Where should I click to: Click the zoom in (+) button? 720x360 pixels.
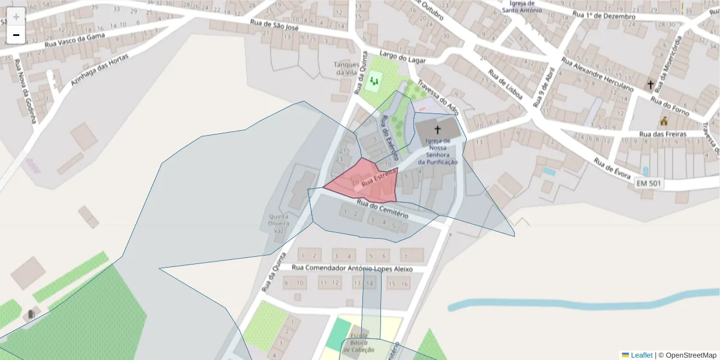[16, 17]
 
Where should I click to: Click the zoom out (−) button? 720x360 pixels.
[16, 35]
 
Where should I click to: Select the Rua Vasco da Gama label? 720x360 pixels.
[75, 40]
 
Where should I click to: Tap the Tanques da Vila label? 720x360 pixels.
[347, 68]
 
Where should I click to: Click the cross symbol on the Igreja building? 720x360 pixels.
[437, 129]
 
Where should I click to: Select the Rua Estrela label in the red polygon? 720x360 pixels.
[379, 176]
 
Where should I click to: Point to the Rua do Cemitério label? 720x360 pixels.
[382, 209]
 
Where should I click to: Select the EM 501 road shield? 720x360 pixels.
[649, 183]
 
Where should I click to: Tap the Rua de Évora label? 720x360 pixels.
[612, 169]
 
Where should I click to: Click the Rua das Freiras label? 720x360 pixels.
[662, 134]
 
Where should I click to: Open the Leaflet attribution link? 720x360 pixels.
[641, 355]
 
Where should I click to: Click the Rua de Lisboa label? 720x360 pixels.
[506, 85]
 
